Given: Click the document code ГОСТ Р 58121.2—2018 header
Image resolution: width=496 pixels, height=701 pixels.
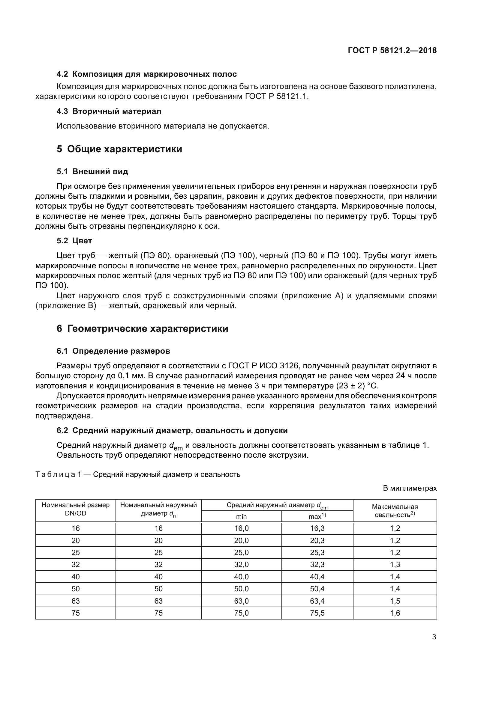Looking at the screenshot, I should coord(392,51).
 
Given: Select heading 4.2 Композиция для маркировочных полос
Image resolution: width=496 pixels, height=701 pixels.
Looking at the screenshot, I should coord(146,74).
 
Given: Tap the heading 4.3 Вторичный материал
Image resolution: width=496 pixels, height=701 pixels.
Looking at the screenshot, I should coord(109,111).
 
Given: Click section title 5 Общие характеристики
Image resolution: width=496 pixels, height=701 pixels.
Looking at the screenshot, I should coord(119,149).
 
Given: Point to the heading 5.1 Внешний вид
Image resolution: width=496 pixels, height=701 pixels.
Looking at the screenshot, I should coord(92,172).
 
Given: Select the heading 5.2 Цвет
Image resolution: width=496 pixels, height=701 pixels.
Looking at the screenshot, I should coord(74,241).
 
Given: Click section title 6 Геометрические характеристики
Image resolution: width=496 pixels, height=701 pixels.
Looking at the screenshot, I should coord(142,328).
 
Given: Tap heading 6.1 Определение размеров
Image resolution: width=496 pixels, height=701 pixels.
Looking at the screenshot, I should coord(113,351).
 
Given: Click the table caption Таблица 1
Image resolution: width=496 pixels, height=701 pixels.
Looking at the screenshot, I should coord(137,474).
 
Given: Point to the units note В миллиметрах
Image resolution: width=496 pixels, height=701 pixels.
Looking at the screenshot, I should coord(410,488).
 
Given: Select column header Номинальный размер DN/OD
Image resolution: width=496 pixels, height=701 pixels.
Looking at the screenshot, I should coord(76,509).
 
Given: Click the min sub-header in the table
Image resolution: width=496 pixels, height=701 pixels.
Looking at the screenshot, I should coord(241,517).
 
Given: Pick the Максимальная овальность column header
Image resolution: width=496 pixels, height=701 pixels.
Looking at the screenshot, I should coord(395,510).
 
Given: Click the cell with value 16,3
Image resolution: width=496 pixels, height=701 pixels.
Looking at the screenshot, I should coord(317,528).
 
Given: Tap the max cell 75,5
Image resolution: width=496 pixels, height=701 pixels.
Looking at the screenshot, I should coord(317,613).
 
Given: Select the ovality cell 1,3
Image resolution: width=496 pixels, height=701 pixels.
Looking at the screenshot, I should coord(395,565).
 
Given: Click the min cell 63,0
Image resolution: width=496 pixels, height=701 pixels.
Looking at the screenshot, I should coord(241,601).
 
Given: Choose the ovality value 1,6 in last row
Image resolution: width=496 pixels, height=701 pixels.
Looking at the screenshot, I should coord(395,613).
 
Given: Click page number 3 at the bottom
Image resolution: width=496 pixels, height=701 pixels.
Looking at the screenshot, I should coord(434,637).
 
